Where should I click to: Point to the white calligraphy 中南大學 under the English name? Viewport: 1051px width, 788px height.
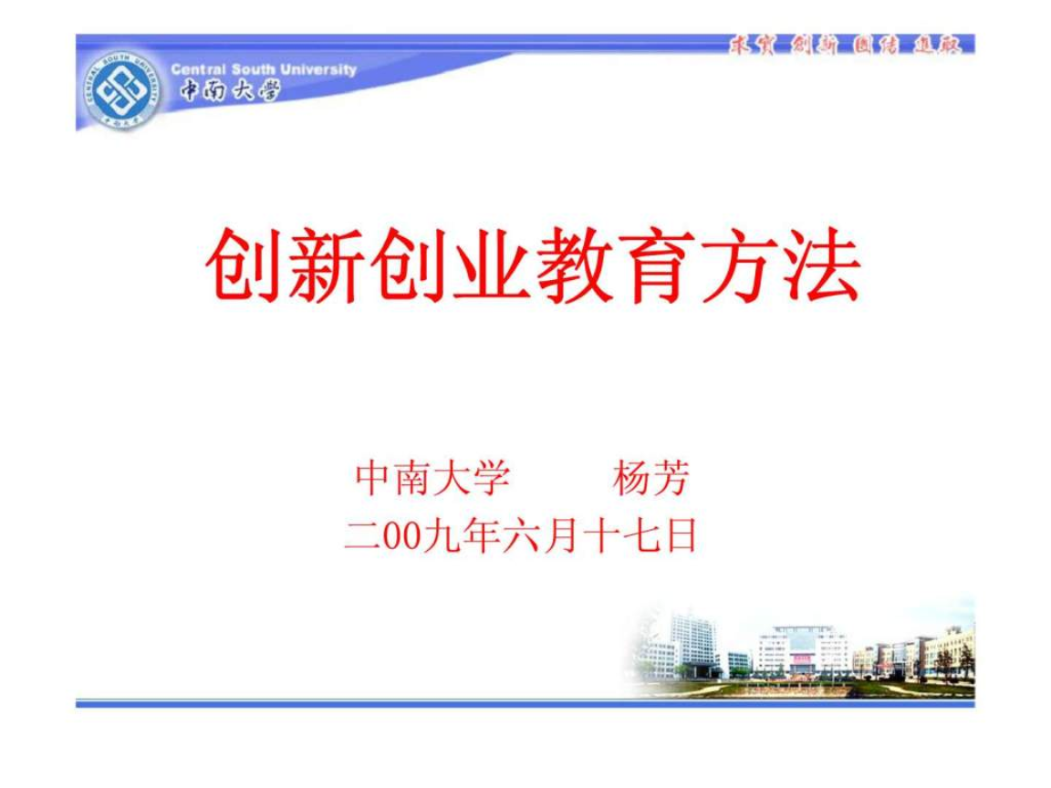[229, 90]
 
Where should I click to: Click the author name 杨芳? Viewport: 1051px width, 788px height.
[650, 478]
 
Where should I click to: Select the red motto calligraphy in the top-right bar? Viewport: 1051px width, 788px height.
[845, 45]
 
